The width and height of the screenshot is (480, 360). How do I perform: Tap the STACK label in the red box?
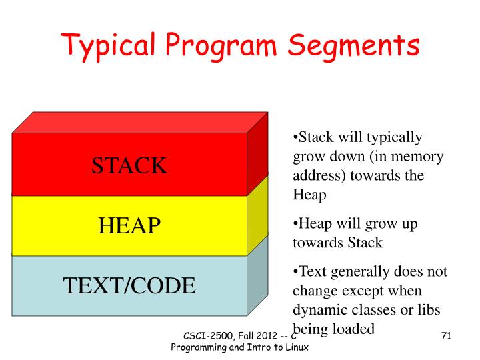129,165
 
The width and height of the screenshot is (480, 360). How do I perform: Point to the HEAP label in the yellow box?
129,226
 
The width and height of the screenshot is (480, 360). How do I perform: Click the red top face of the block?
140,122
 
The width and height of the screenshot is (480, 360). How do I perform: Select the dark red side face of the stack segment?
257,161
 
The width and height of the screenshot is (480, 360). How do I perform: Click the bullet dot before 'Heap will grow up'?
295,224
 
